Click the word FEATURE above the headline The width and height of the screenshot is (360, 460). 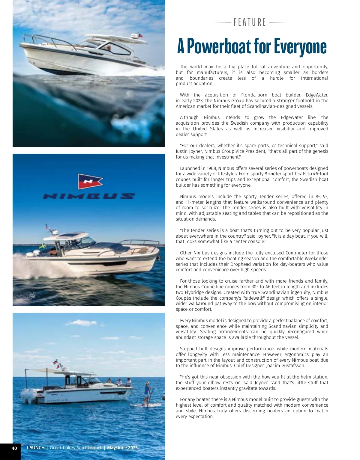tap(250, 22)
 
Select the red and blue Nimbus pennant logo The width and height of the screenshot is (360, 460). tap(90, 181)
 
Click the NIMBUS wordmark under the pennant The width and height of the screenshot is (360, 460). tap(89, 196)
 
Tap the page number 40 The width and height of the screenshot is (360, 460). tap(14, 448)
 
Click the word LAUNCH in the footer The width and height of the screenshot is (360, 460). tap(36, 448)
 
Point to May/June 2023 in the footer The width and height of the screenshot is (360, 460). tap(122, 448)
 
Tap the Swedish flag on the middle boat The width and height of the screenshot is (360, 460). tap(43, 246)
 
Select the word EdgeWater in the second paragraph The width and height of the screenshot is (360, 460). tap(317, 95)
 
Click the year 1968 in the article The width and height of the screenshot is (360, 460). tap(212, 168)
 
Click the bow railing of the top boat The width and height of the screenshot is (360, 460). tap(42, 39)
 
